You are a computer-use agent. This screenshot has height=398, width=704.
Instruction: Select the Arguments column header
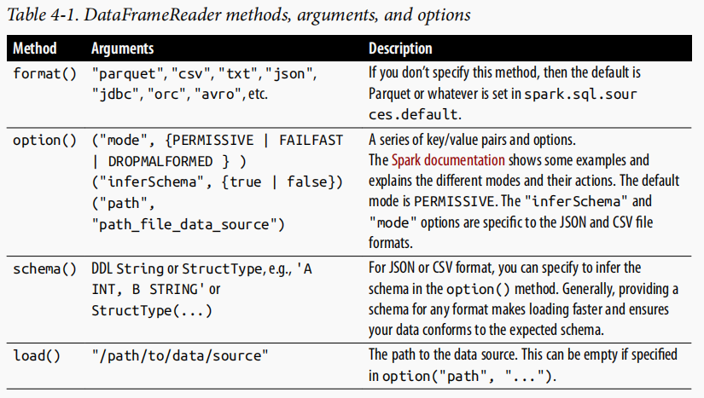[x=123, y=49]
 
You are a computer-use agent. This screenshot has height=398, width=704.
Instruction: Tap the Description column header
[x=400, y=49]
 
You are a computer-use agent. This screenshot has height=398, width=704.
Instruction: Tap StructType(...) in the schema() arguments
[x=140, y=310]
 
